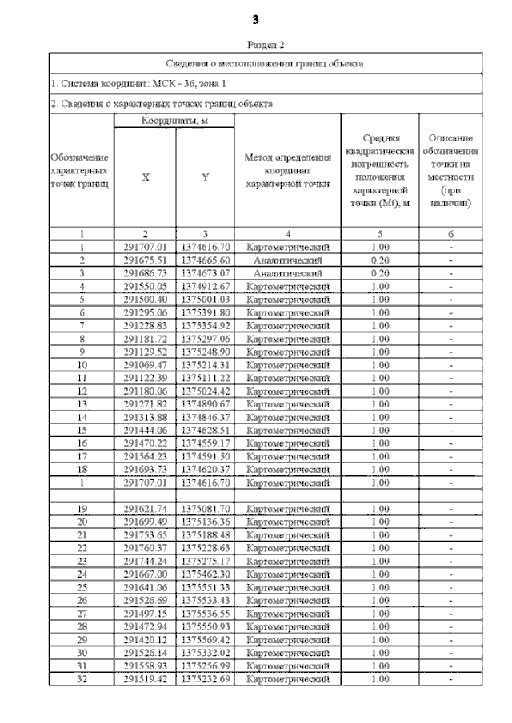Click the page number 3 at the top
pos(256,18)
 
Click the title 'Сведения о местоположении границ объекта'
pos(265,62)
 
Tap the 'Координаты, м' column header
pos(174,120)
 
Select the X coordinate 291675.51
pos(145,260)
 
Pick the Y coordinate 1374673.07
pos(205,273)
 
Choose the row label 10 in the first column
pos(82,363)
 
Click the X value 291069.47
pos(145,363)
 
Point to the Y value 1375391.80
pos(205,312)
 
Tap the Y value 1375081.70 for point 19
pos(205,508)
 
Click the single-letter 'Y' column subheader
pos(205,178)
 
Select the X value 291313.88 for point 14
pos(145,415)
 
